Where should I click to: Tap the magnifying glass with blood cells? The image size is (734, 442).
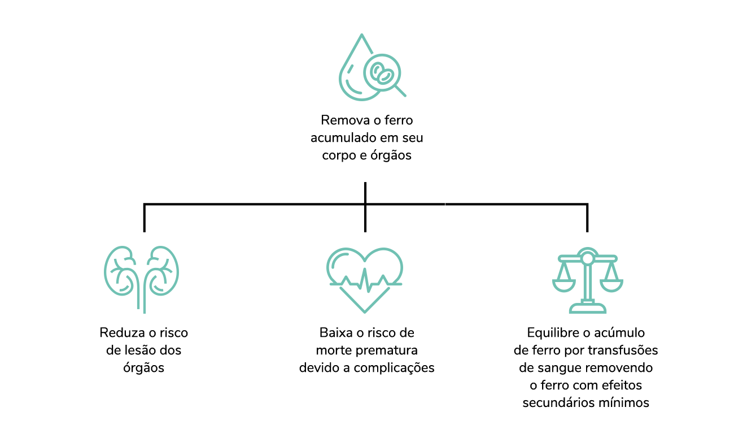pyautogui.click(x=382, y=72)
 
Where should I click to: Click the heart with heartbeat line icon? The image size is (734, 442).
pyautogui.click(x=365, y=278)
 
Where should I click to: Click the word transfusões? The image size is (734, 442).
pyautogui.click(x=626, y=350)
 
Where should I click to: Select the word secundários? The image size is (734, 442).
pyautogui.click(x=560, y=403)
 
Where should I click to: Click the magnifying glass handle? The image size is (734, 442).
pyautogui.click(x=400, y=91)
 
